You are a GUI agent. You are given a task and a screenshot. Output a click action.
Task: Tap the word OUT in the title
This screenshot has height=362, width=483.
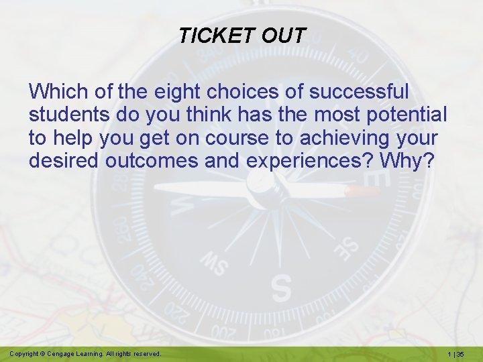click(284, 36)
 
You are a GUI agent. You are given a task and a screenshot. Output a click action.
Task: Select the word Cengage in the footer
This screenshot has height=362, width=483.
click(67, 353)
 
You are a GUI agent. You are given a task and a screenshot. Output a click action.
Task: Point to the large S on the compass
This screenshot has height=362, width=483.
click(282, 287)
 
